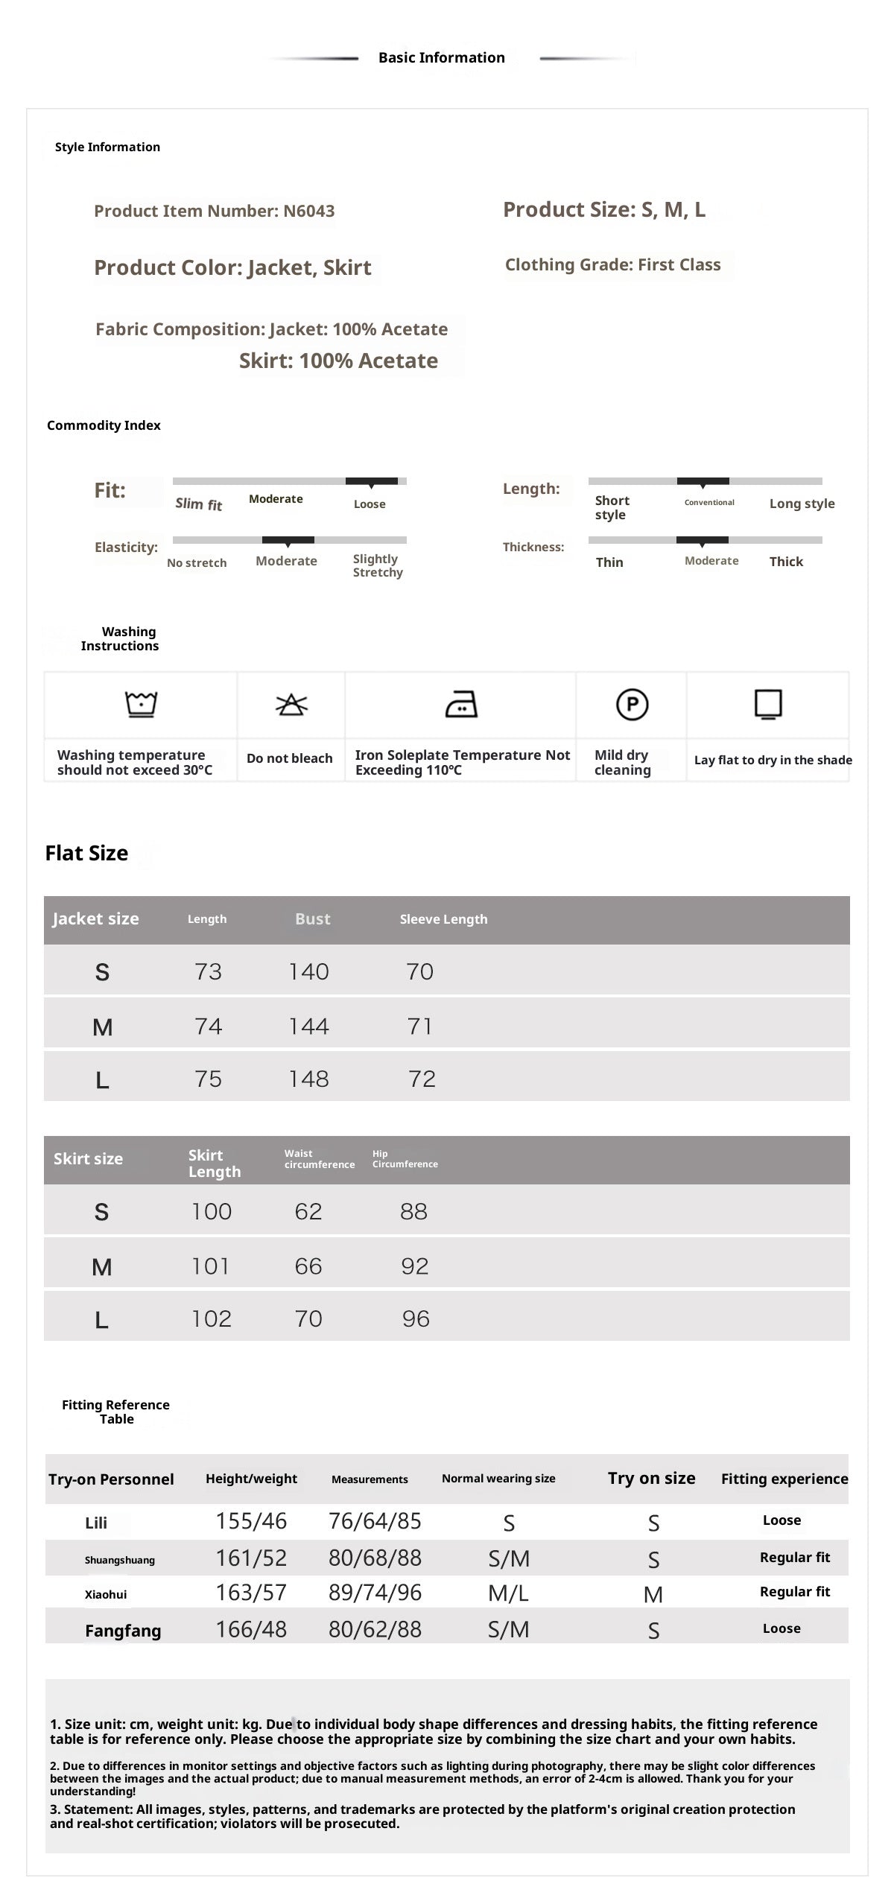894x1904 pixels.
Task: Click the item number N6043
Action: pos(308,211)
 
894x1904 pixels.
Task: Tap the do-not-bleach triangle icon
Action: pos(291,704)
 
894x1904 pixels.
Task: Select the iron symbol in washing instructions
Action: pos(461,703)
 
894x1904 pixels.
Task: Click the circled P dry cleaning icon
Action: pos(632,704)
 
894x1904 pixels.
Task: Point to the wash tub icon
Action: pos(141,703)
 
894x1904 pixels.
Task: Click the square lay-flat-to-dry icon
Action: pos(768,704)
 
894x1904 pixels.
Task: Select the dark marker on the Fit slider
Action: pos(371,481)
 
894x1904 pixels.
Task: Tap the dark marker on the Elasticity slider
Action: pos(288,540)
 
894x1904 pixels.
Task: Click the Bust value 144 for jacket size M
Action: pos(308,1026)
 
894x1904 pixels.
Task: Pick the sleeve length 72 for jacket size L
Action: pos(422,1079)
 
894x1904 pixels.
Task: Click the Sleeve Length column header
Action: pos(443,919)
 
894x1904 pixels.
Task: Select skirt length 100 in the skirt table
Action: pos(212,1211)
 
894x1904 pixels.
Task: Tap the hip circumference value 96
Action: pos(416,1318)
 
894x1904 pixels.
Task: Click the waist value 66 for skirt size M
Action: pos(308,1266)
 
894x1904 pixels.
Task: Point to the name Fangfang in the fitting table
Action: pos(123,1631)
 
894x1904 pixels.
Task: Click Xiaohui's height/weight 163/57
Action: pos(251,1593)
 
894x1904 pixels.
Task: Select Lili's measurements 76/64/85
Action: pos(375,1520)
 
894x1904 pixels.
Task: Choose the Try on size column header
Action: pos(651,1478)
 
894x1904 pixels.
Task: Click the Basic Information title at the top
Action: pos(441,57)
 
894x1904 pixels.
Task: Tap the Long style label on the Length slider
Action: pos(802,504)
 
